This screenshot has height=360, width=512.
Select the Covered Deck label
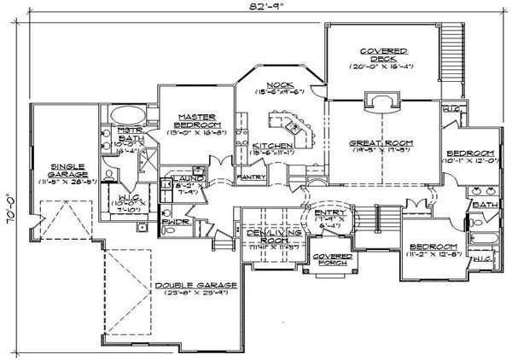coord(382,52)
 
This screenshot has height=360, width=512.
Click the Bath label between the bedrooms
coord(482,205)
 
